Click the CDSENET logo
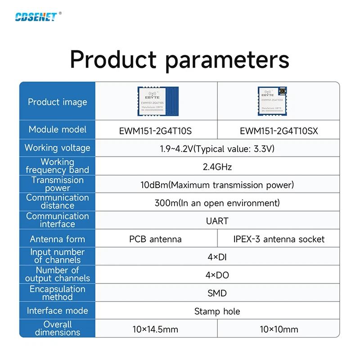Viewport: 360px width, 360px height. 36,17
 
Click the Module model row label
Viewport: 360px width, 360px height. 57,130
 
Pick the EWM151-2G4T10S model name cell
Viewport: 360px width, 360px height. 156,131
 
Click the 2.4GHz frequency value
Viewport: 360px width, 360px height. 217,167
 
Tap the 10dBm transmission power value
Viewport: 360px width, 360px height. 217,185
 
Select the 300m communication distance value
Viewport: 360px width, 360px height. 217,203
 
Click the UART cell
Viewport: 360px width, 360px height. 217,221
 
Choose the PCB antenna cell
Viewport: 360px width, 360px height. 155,239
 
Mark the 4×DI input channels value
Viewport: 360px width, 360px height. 217,257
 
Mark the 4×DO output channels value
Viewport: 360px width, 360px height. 217,275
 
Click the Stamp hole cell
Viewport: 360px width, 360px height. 217,311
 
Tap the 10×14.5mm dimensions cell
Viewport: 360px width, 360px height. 155,329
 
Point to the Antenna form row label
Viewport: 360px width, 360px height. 57,239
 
